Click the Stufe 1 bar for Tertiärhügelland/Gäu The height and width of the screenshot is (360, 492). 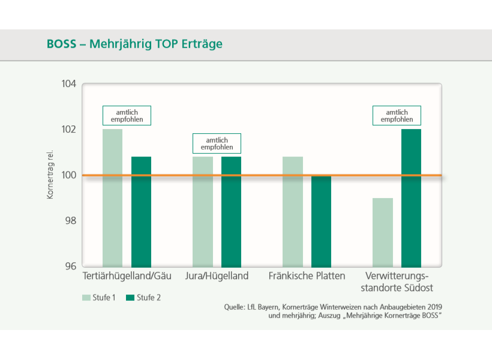click(112, 198)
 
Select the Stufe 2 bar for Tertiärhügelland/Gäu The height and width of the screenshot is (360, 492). click(141, 211)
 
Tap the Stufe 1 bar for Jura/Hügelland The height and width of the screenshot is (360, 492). click(202, 211)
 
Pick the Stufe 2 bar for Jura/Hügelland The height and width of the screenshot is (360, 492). click(231, 211)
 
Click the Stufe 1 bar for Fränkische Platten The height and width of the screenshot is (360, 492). click(292, 211)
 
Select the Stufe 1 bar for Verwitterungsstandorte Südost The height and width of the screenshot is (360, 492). click(382, 232)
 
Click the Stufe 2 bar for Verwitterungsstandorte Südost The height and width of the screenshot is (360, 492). click(411, 198)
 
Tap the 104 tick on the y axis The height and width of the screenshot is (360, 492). click(69, 83)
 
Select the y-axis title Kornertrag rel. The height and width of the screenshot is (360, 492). click(50, 175)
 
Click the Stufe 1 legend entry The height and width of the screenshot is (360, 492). click(100, 297)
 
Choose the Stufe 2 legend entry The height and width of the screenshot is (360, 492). click(143, 297)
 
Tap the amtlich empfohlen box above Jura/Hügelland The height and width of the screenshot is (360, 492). click(217, 143)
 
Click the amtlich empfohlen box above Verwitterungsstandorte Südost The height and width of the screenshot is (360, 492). click(397, 116)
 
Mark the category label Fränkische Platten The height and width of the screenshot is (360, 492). click(307, 276)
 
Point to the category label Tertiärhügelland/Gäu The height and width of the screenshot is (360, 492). click(127, 276)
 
